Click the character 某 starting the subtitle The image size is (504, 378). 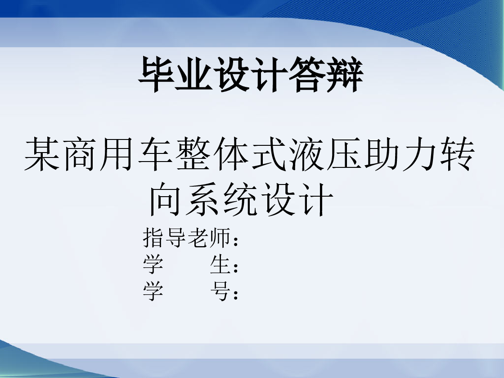[42, 153]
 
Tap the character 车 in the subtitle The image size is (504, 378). [155, 153]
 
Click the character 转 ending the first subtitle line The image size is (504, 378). [457, 153]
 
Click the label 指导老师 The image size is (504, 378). [186, 238]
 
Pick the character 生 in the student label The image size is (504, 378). [220, 265]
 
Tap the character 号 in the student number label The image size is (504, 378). [220, 291]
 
